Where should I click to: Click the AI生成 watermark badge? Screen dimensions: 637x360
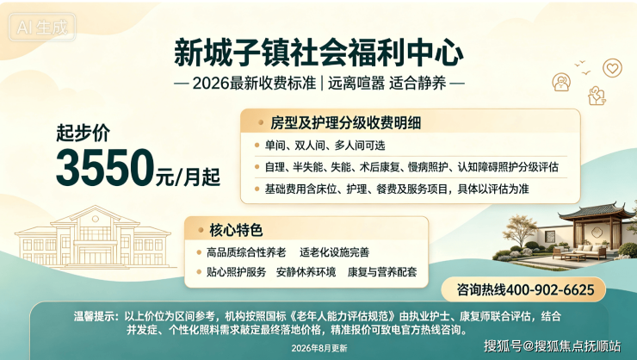(42, 28)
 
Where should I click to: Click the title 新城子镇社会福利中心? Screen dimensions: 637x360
(318, 53)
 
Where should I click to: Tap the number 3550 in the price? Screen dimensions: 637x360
(105, 168)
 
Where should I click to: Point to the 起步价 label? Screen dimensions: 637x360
(83, 133)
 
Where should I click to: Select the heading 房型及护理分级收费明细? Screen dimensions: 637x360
(345, 122)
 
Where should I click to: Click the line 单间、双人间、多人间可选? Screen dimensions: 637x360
(325, 146)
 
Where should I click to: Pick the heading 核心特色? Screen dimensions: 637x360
(236, 230)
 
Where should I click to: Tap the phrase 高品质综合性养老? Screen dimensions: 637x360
(246, 252)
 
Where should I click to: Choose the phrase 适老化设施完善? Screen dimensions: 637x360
(334, 252)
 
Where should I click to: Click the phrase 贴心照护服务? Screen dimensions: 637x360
(236, 272)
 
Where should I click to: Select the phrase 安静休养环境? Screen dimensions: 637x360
(306, 272)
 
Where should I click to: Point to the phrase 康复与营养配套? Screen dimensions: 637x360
(382, 272)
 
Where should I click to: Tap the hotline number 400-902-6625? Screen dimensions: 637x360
(550, 289)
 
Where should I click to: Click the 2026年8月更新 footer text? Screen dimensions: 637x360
(319, 348)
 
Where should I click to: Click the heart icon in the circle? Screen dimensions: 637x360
(612, 68)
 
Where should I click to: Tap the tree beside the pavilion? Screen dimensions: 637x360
(519, 231)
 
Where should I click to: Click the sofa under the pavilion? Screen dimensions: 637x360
(590, 251)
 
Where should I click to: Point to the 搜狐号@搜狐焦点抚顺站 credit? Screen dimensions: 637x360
(552, 345)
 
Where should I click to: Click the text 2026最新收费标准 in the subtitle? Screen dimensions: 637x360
(254, 84)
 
